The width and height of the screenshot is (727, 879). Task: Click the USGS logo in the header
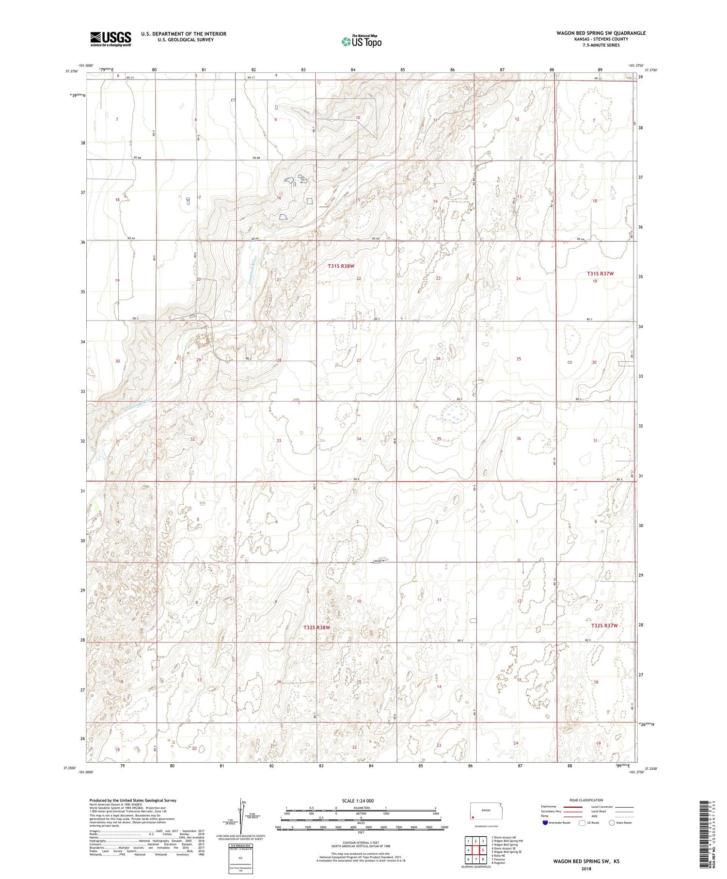(x=111, y=39)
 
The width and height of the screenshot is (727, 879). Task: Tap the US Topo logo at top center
(x=362, y=42)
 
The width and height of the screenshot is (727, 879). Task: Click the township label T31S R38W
(x=341, y=266)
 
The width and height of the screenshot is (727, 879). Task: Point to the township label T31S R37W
(x=600, y=274)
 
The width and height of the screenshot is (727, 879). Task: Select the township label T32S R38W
(x=317, y=627)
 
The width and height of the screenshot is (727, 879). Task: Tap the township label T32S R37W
(x=604, y=625)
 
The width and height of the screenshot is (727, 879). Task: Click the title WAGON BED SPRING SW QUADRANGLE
(x=601, y=33)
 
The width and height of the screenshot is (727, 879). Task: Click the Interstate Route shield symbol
(x=546, y=823)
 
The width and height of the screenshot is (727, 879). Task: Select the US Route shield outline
(x=583, y=823)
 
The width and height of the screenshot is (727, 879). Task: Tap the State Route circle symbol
(x=612, y=823)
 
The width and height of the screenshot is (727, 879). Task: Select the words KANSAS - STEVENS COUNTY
(x=601, y=39)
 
